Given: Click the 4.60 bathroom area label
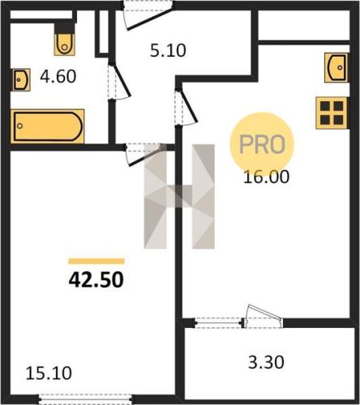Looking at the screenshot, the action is (x=58, y=76).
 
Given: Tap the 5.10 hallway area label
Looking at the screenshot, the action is (x=168, y=50).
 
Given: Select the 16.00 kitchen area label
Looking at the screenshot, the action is (x=266, y=177).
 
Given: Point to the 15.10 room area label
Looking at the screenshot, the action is (x=49, y=373).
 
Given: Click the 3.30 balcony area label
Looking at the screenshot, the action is (x=266, y=362).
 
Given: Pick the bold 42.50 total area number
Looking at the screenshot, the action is (x=96, y=279).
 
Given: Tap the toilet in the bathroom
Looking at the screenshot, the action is (x=64, y=40).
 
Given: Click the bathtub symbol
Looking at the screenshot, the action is (x=48, y=126).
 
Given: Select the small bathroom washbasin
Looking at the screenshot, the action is (x=20, y=80).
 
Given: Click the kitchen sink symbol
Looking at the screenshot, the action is (x=336, y=67).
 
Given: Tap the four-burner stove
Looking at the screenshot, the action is (x=332, y=113).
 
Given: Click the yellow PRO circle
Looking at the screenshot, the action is (x=262, y=144).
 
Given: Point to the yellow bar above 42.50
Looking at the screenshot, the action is (x=96, y=261).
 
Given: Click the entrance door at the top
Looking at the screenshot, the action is (x=148, y=15).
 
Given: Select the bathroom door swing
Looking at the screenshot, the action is (x=119, y=82).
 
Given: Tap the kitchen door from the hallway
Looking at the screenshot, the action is (x=186, y=107).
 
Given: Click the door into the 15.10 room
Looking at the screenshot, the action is (x=146, y=155).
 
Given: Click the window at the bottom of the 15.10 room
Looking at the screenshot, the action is (x=85, y=399).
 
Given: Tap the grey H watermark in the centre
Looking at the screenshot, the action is (x=179, y=197).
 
